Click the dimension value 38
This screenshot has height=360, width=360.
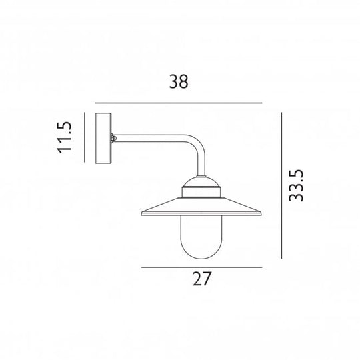tap(179, 82)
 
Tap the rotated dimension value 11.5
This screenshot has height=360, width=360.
tap(64, 137)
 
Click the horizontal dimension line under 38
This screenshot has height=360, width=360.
tap(179, 103)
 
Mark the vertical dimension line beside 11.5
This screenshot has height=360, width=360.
tap(85, 137)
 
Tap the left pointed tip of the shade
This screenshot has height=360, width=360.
tap(142, 215)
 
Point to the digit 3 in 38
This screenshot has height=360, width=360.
tap(172, 82)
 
